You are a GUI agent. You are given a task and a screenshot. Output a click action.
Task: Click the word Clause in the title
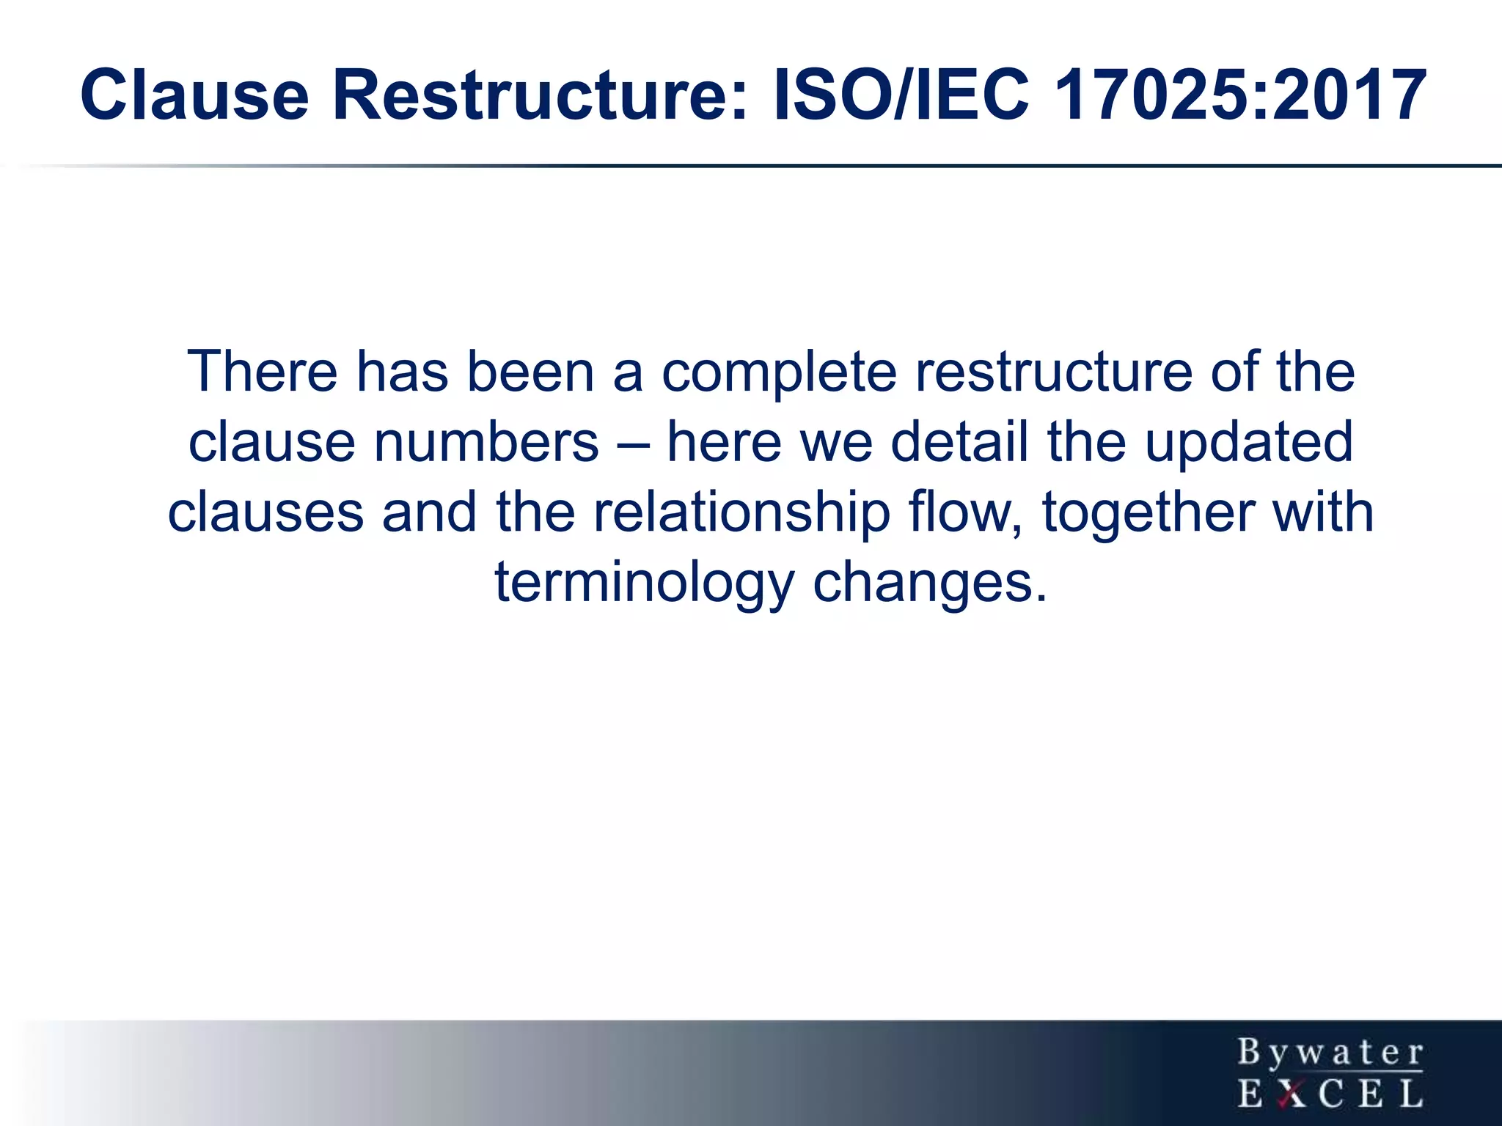[x=194, y=95]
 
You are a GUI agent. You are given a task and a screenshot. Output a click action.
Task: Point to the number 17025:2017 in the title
[x=1240, y=95]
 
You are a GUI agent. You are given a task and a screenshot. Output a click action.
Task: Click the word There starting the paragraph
[x=262, y=372]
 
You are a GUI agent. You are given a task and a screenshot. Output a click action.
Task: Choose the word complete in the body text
[x=779, y=372]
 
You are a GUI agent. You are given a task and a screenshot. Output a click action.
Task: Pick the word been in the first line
[x=530, y=372]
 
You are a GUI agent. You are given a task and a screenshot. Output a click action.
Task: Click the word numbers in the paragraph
[x=486, y=442]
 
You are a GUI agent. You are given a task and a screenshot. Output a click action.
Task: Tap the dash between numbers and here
[x=632, y=444]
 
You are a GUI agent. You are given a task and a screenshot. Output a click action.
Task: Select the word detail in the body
[x=959, y=442]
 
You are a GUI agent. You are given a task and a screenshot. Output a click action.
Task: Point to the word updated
[x=1248, y=442]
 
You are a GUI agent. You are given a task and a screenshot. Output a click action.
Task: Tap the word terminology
[x=645, y=583]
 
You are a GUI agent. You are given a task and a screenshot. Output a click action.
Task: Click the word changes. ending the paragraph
[x=930, y=583]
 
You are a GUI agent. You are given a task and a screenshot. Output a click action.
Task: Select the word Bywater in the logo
[x=1330, y=1053]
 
